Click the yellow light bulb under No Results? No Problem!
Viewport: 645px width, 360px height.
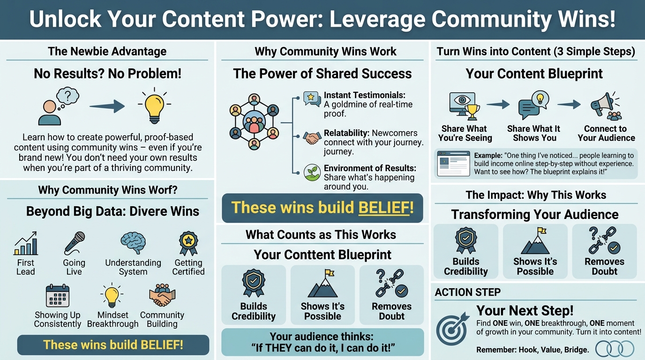pos(155,105)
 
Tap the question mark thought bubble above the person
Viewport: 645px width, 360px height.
pos(67,97)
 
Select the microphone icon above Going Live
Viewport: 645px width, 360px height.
pos(75,243)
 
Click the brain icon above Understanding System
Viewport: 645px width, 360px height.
pos(133,243)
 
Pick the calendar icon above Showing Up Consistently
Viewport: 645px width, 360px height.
pos(58,296)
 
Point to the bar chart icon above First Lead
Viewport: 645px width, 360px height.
pos(26,243)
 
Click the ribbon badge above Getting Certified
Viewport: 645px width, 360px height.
pos(188,243)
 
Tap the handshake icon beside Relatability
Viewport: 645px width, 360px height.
pos(312,138)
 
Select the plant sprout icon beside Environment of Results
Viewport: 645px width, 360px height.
pos(312,172)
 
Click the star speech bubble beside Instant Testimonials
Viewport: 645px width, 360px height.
pos(312,99)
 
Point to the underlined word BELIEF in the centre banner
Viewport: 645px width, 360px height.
pos(384,207)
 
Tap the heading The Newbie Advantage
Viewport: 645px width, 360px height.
pos(107,51)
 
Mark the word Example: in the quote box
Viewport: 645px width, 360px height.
pos(488,156)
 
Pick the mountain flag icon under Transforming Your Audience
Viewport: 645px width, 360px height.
pos(535,241)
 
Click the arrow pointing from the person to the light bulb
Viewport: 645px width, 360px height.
pos(107,106)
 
